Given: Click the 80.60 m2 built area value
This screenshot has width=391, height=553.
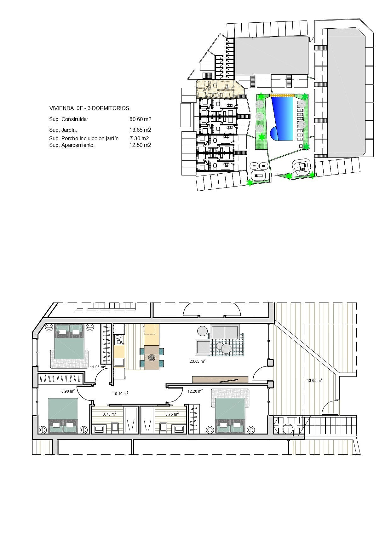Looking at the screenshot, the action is point(140,119).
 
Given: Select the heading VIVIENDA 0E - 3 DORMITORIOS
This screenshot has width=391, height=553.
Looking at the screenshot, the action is point(89,108).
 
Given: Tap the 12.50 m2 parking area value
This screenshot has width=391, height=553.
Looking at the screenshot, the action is point(140,145).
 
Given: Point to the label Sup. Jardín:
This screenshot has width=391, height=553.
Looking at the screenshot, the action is point(63,130).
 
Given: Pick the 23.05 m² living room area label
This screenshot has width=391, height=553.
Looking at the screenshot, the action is point(198,361).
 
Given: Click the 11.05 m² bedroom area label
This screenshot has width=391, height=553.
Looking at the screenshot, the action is point(98,367).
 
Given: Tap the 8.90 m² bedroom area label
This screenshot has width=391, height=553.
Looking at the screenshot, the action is point(68,391).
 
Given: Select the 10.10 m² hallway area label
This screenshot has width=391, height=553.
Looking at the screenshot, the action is point(120,394).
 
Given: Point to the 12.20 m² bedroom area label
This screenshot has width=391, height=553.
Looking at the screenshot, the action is point(195,391).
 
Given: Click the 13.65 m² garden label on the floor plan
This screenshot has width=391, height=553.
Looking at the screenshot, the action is point(314,380).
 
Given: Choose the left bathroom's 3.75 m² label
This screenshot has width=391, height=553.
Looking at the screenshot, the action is point(109,414).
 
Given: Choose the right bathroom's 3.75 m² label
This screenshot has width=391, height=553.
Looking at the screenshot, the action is point(172,414).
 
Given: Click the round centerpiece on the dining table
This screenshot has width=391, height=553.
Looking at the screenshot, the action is point(152,357).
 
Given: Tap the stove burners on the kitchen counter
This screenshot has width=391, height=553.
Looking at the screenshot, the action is point(119,340).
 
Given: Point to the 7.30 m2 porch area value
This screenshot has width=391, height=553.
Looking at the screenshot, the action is point(139,138).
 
